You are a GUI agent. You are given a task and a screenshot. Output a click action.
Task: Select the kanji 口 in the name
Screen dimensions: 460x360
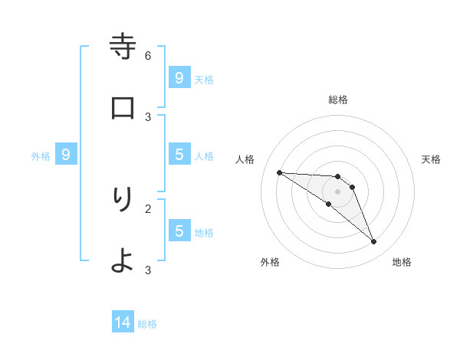123,108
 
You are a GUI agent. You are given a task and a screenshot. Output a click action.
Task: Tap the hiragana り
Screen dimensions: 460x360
123,200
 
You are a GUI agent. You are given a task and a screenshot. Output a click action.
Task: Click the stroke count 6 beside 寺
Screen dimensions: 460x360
148,55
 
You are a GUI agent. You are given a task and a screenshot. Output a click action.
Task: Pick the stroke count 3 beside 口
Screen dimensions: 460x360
148,116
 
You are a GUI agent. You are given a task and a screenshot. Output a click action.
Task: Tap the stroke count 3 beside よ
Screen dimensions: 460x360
148,270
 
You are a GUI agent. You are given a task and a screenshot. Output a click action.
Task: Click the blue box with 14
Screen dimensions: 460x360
123,322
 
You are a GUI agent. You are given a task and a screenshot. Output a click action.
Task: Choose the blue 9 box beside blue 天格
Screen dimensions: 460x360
179,77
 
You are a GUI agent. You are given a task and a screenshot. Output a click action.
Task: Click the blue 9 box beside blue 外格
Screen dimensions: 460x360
66,155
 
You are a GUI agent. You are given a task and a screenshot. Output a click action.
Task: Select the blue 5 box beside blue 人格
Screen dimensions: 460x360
179,155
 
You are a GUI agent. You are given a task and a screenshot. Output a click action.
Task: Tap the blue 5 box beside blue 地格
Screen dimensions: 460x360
179,231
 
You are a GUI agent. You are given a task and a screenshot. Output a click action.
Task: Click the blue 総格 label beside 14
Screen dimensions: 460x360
147,324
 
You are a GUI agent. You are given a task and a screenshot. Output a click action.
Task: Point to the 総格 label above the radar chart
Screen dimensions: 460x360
338,100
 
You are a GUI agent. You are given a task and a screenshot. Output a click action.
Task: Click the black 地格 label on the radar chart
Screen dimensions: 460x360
402,262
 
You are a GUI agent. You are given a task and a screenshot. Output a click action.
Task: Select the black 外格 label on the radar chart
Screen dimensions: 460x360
270,262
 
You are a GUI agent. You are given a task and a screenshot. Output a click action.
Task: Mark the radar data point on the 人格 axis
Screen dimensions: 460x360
279,172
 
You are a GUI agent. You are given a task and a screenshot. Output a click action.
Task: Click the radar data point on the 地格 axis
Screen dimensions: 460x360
374,242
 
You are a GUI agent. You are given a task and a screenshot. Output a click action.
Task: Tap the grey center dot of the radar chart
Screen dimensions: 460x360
337,191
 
